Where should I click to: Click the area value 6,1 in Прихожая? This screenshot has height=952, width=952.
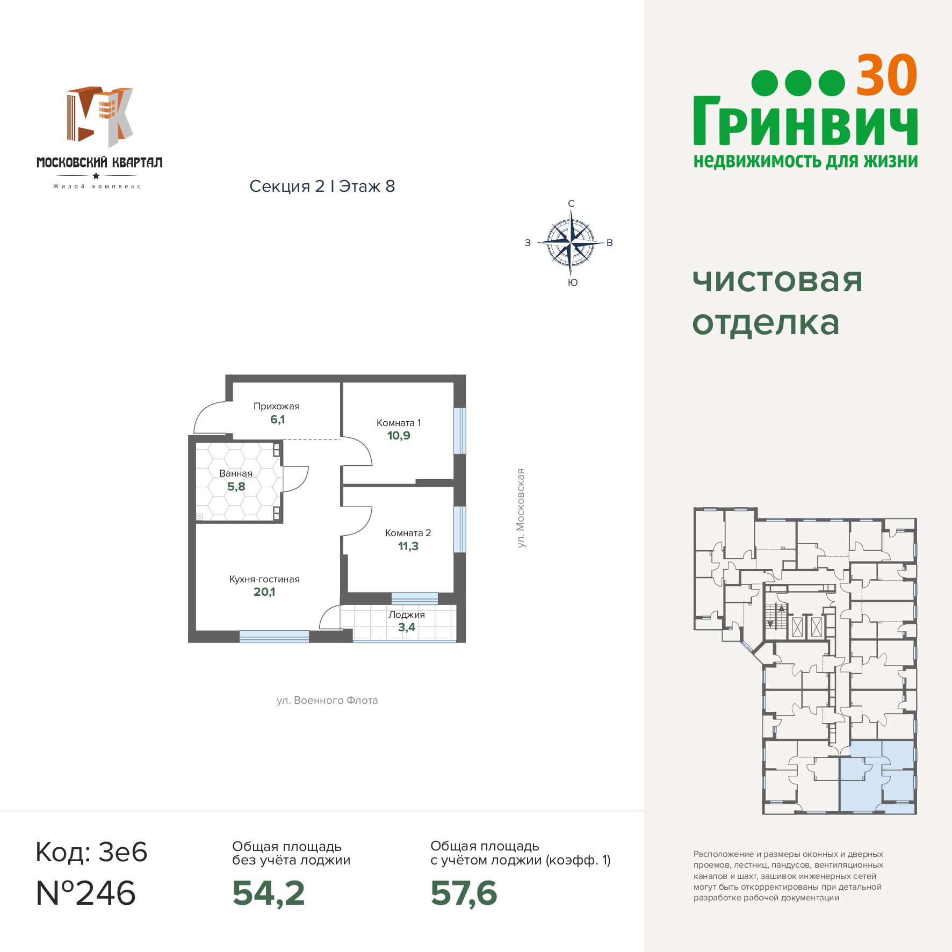coord(277,420)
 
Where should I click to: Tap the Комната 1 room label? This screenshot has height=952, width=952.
coord(399,423)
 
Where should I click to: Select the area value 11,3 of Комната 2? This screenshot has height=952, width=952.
coord(408,546)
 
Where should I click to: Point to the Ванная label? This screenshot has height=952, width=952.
coord(236,473)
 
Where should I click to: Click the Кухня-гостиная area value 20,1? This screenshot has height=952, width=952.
coord(264,592)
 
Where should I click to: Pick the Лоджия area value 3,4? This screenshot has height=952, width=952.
coord(407,628)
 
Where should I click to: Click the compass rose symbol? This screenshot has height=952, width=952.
coord(571,243)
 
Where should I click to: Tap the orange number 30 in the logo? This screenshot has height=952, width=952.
coord(886,76)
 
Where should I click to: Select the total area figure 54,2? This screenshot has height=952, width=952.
coord(269,893)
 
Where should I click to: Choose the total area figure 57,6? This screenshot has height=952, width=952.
coord(464,893)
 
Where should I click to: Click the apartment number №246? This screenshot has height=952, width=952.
coord(86,893)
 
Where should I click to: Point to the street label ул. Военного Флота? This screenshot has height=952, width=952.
coord(327,701)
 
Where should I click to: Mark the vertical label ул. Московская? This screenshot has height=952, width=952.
coord(520,508)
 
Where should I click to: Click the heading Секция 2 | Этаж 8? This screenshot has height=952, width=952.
coord(322,186)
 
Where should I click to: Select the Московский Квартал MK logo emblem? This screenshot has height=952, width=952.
coord(100,117)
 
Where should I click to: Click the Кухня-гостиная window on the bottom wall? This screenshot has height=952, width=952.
coord(274,637)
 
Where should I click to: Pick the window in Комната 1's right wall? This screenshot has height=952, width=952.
coord(459,431)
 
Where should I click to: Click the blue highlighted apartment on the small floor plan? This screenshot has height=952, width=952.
coord(877,777)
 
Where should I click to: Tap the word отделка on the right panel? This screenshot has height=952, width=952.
coord(766,323)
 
